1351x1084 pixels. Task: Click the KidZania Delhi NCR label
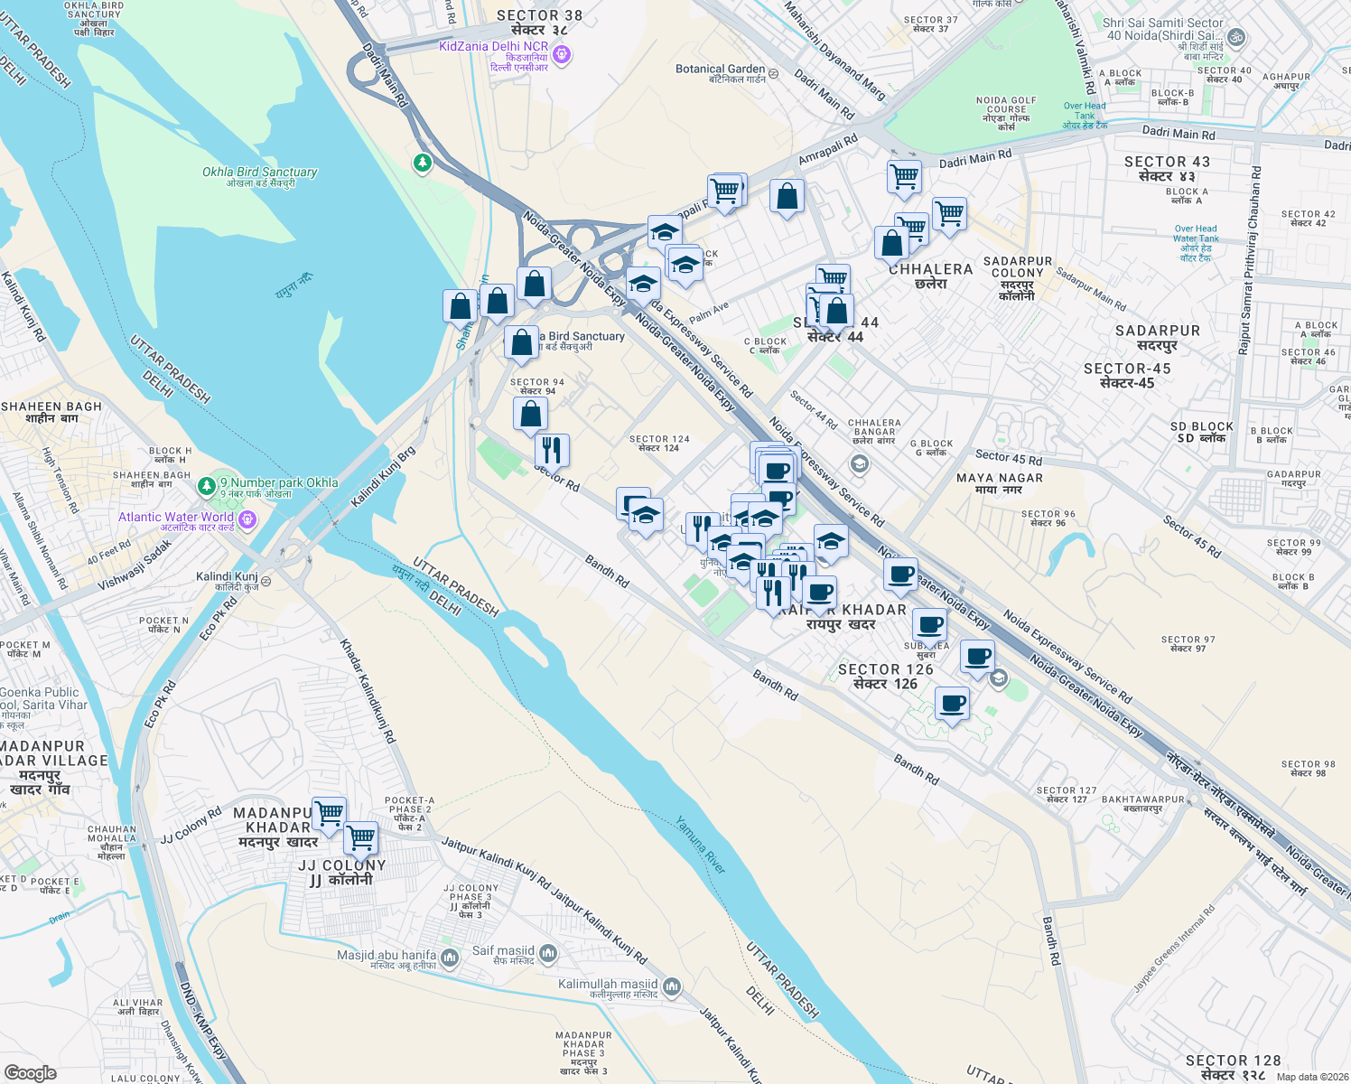point(494,47)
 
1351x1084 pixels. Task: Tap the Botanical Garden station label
point(720,70)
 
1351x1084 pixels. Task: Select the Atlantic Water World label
point(176,518)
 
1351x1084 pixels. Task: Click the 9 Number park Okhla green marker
point(208,486)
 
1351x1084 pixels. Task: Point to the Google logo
point(30,1073)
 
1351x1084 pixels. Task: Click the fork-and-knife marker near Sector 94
point(552,449)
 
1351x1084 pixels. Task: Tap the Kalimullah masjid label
point(608,985)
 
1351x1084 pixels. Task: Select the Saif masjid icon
point(548,954)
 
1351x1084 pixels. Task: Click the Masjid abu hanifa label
point(387,956)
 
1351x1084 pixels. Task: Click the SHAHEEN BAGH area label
point(51,407)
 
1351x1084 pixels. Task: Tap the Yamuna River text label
point(701,846)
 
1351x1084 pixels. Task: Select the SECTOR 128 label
point(1233,1061)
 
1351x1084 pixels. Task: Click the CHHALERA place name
point(930,270)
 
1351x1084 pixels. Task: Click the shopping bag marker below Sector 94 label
point(531,414)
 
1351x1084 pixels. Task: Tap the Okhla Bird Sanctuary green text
point(259,173)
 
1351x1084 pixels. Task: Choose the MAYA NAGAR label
point(999,479)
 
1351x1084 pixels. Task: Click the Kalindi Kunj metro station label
point(227,577)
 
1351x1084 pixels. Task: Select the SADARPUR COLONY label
point(1017,267)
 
